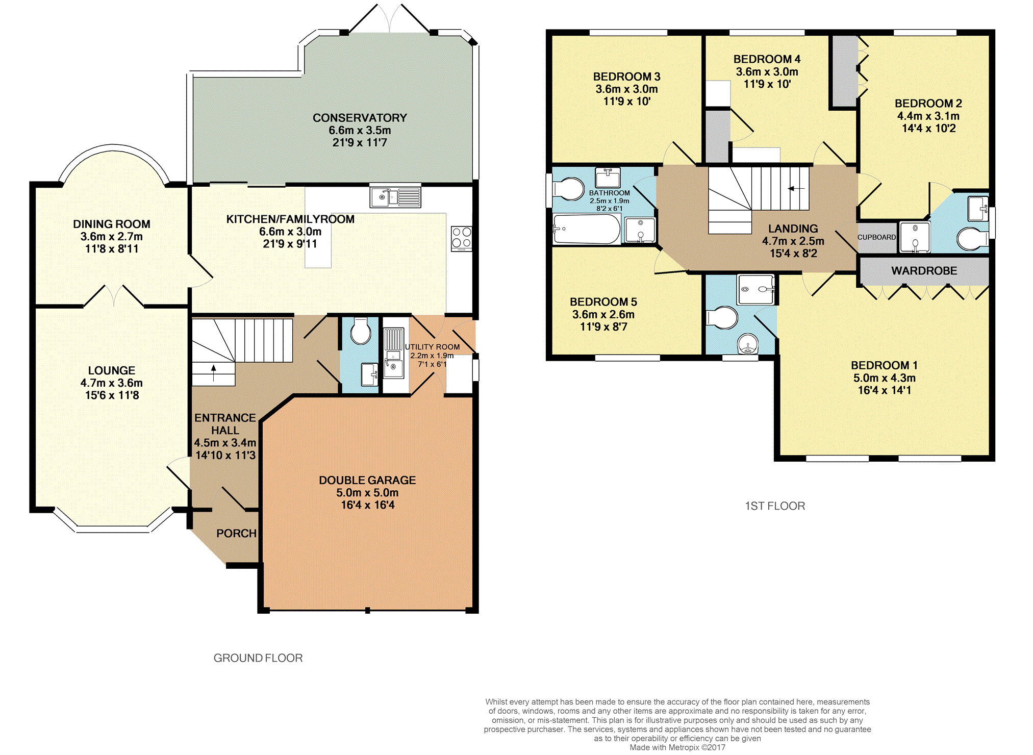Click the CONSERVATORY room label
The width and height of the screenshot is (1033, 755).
[x=360, y=118]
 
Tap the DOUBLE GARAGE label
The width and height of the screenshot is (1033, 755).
[x=367, y=480]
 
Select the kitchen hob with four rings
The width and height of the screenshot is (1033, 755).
[x=461, y=239]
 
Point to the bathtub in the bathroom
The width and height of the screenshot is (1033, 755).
[x=587, y=229]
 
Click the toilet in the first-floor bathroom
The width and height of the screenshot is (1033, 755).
[x=568, y=189]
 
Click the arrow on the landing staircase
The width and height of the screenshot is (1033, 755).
[x=796, y=189]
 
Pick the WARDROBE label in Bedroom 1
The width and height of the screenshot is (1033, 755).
[x=924, y=271]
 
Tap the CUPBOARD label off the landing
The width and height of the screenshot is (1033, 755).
[x=876, y=237]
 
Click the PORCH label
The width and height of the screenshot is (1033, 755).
[x=236, y=533]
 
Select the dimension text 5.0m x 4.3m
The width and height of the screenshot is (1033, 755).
[x=884, y=378]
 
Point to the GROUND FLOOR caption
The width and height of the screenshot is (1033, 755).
[x=258, y=658]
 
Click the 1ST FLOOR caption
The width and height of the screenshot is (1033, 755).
[x=775, y=506]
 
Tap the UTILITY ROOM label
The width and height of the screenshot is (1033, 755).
[x=432, y=347]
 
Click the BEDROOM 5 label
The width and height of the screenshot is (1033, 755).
[x=603, y=302]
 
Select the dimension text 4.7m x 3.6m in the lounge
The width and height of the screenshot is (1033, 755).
[x=112, y=383]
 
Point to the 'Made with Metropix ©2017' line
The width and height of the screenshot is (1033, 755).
[x=677, y=747]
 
